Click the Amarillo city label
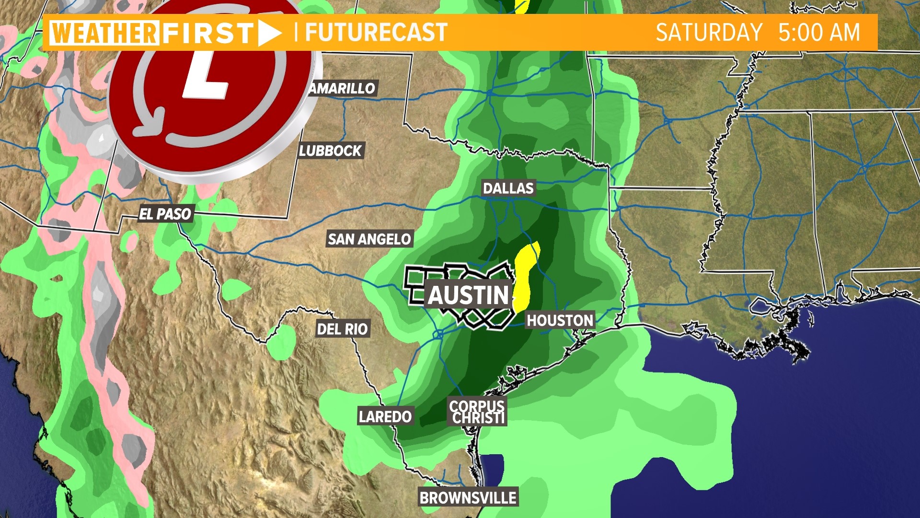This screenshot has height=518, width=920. pyautogui.click(x=342, y=88)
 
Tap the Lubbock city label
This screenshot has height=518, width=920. pyautogui.click(x=330, y=151)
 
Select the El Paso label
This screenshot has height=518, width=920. pyautogui.click(x=165, y=214)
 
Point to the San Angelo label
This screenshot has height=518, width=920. pyautogui.click(x=369, y=239)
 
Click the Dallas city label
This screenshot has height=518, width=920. pyautogui.click(x=508, y=188)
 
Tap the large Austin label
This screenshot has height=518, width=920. pyautogui.click(x=468, y=295)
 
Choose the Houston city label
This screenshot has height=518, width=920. pyautogui.click(x=560, y=320)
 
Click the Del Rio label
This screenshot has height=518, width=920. pyautogui.click(x=342, y=329)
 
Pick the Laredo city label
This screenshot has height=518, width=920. pyautogui.click(x=385, y=416)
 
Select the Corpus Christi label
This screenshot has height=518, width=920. pyautogui.click(x=477, y=412)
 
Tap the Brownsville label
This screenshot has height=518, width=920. pyautogui.click(x=468, y=498)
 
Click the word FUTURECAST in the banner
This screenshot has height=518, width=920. pyautogui.click(x=376, y=32)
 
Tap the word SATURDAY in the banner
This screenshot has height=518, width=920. pyautogui.click(x=709, y=33)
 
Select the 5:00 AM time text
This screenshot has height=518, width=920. pyautogui.click(x=819, y=33)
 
